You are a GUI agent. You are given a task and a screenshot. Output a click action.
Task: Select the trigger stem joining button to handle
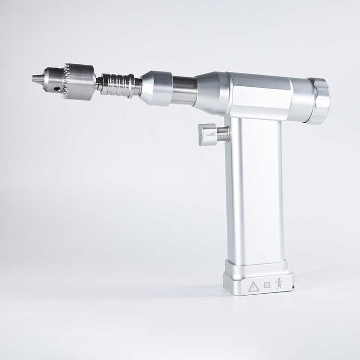tap(223, 134)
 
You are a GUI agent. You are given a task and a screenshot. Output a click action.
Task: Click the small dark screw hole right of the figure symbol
tap(292, 286)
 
